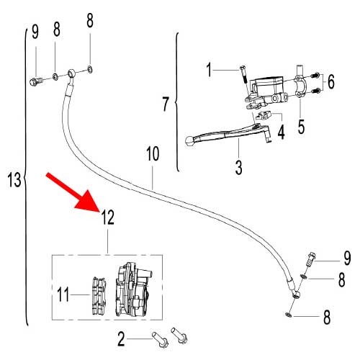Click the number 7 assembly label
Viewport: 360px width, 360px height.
tap(166, 104)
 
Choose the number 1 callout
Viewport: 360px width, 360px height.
tap(210, 70)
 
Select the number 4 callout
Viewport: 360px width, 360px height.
tap(282, 132)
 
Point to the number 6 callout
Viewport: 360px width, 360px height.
tap(330, 83)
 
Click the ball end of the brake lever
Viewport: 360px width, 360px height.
tap(189, 142)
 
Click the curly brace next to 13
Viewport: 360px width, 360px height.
tap(27, 179)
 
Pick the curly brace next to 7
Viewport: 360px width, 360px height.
tap(177, 104)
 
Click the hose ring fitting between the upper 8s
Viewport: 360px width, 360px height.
tap(72, 72)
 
